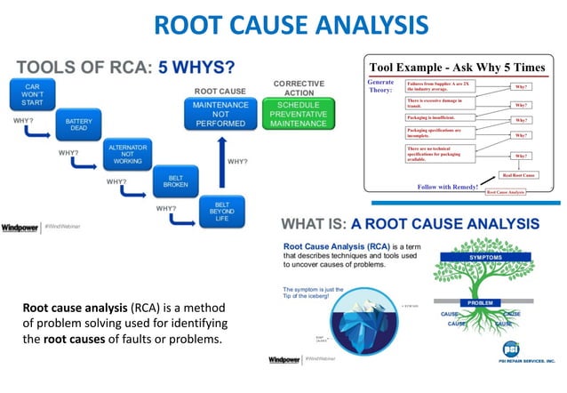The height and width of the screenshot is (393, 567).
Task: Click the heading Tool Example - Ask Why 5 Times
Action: click(459, 68)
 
